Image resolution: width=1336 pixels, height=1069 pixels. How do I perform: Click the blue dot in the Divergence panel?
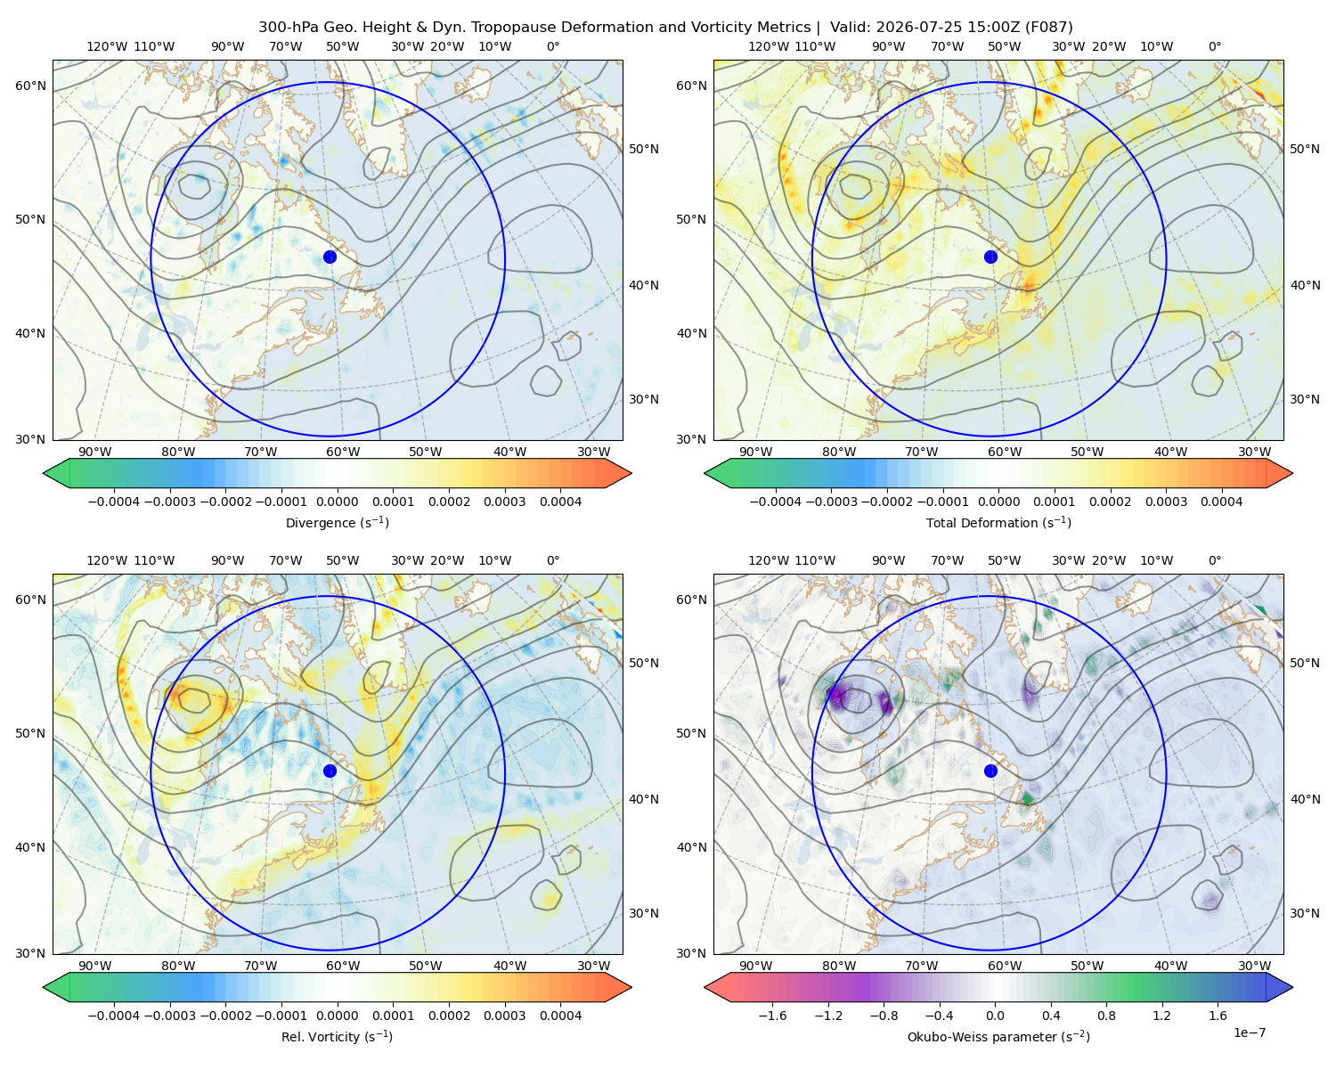click(x=330, y=257)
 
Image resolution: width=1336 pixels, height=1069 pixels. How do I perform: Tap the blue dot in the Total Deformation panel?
click(x=990, y=257)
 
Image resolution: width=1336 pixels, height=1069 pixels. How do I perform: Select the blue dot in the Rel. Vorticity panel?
click(x=330, y=771)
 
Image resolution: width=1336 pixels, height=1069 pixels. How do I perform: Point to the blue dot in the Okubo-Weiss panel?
click(x=990, y=771)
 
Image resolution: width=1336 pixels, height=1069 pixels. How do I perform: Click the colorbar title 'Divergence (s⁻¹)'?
click(x=337, y=522)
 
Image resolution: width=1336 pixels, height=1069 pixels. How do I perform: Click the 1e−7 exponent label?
click(x=1249, y=1032)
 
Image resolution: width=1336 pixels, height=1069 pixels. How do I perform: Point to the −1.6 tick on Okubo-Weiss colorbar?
click(x=772, y=1016)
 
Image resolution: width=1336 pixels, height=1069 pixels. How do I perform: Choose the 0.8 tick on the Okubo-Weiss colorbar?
click(x=1106, y=1016)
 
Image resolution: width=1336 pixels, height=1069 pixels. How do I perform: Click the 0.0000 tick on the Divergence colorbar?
click(x=337, y=502)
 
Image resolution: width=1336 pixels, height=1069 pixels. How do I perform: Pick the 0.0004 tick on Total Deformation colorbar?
click(x=1222, y=502)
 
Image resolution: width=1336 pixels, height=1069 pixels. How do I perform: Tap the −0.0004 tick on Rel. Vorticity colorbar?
click(x=114, y=1016)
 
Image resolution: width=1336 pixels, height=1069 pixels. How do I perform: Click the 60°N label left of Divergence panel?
click(x=30, y=86)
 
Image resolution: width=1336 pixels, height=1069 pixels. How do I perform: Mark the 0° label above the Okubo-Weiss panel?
click(x=1215, y=561)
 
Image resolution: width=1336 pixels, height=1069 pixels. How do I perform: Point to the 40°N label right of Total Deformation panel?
click(x=1305, y=285)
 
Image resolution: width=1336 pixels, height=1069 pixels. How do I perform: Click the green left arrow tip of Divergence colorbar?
click(x=44, y=473)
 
